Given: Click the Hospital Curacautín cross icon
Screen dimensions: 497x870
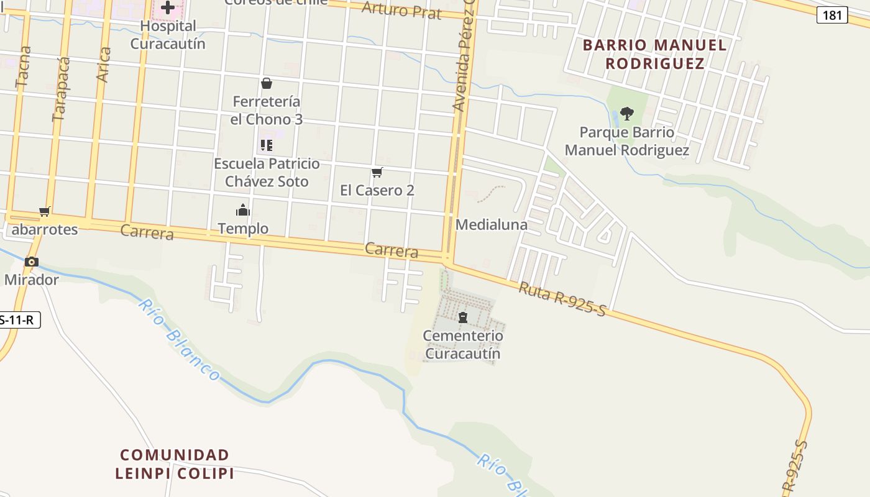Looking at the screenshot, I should (167, 8).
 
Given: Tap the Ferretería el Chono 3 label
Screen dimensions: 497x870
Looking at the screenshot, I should (267, 111).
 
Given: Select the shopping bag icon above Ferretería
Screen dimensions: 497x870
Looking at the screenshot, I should (267, 83).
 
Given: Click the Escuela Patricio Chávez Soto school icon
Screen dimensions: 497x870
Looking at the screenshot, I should (267, 145).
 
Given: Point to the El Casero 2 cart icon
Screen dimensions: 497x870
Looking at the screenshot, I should (377, 172).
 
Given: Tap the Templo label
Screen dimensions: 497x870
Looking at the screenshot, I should (243, 229).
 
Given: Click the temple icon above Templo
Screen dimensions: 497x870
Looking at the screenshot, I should (242, 210).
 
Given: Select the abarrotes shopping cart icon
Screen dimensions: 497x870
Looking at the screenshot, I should (44, 212).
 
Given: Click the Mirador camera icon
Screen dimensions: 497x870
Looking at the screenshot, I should (32, 262).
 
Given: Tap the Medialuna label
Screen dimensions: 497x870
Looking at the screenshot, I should (492, 225).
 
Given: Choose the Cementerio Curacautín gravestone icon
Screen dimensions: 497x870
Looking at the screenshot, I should (462, 318).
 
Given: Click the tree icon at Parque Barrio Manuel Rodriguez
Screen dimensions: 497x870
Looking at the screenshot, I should (627, 113).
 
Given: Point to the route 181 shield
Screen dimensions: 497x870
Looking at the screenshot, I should (831, 15).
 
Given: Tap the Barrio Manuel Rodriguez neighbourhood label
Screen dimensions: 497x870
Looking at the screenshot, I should (655, 54).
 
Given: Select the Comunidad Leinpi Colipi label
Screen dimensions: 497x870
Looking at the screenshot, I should (175, 464).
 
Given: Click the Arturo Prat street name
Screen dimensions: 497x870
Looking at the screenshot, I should (401, 10).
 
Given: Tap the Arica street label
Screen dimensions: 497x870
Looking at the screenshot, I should (103, 65).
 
